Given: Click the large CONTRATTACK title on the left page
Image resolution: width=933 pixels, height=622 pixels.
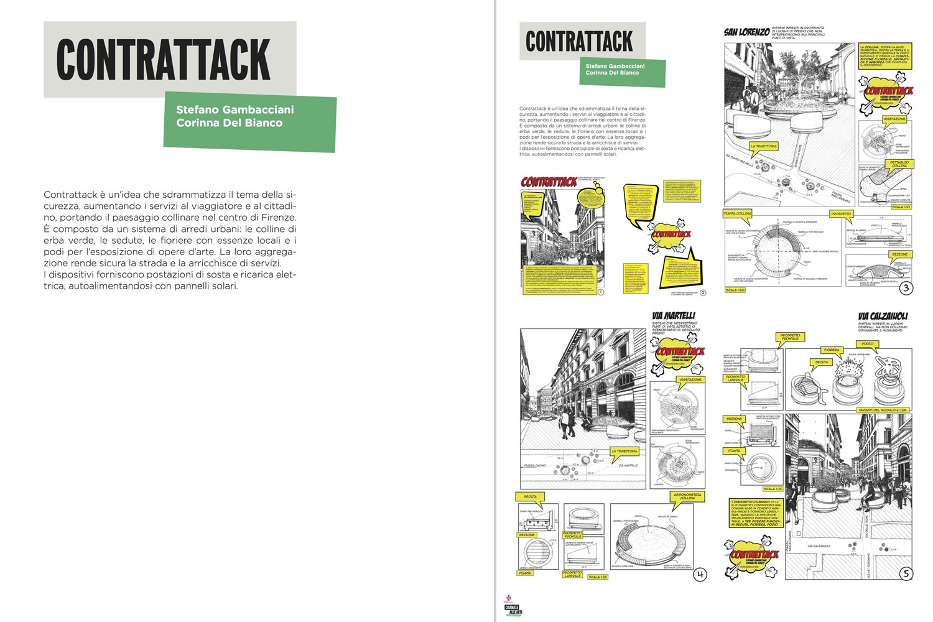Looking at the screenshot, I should click(x=164, y=60).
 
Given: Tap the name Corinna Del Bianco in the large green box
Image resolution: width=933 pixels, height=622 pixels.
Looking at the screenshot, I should click(x=229, y=123).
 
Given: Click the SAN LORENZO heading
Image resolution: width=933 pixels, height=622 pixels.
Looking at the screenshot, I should click(x=746, y=32).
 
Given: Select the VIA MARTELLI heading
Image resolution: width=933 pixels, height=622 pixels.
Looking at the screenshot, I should click(x=674, y=316).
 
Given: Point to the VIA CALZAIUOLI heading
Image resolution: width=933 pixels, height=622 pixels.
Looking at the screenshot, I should click(x=883, y=316).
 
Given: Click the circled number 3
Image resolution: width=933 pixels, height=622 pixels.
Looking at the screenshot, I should click(x=906, y=287).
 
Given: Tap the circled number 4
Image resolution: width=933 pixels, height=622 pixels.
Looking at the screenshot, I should click(x=700, y=574).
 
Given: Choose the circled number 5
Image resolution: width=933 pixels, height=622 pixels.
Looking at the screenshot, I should click(x=906, y=574).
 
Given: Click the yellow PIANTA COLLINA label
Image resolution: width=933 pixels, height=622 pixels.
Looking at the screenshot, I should click(x=738, y=213).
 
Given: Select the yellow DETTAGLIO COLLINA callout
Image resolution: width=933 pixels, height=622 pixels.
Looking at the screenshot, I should click(x=899, y=164).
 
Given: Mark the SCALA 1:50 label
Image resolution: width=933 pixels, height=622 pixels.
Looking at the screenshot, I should click(x=735, y=290).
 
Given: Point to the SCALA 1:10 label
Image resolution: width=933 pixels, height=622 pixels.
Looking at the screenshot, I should click(x=901, y=207).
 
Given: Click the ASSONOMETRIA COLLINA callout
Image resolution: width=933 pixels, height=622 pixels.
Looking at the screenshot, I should click(x=687, y=496).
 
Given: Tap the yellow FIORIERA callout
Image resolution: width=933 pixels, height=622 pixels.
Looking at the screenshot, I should click(x=832, y=350).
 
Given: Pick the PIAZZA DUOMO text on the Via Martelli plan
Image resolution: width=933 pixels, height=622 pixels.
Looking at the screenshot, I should click(x=535, y=465).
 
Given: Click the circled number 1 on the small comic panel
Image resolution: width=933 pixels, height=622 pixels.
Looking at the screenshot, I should click(x=600, y=292).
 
